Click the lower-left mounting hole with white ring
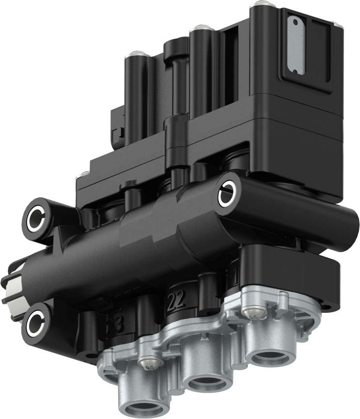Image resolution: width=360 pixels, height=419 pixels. pyautogui.click(x=36, y=322)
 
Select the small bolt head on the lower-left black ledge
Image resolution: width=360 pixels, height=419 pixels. pyautogui.click(x=85, y=173)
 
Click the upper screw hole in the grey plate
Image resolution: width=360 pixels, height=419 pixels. pyautogui.click(x=294, y=20)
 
